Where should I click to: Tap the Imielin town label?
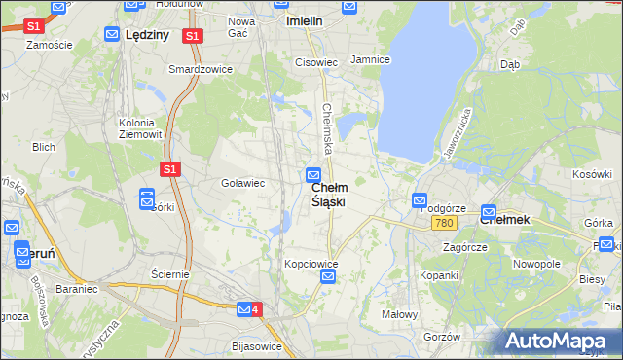[x=303, y=19]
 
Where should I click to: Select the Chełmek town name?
[x=504, y=220]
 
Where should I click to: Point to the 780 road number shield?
[x=445, y=223]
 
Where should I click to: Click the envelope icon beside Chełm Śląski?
[x=313, y=175]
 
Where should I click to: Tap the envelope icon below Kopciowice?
[x=328, y=277]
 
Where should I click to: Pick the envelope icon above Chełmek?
[x=489, y=211]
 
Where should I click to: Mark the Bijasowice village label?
[x=257, y=346]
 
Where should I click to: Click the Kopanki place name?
[x=439, y=275]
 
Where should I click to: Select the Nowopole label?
[x=536, y=264]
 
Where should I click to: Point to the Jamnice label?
[x=370, y=60]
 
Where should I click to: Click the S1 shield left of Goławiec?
[x=169, y=168]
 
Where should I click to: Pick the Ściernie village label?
[x=170, y=274]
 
